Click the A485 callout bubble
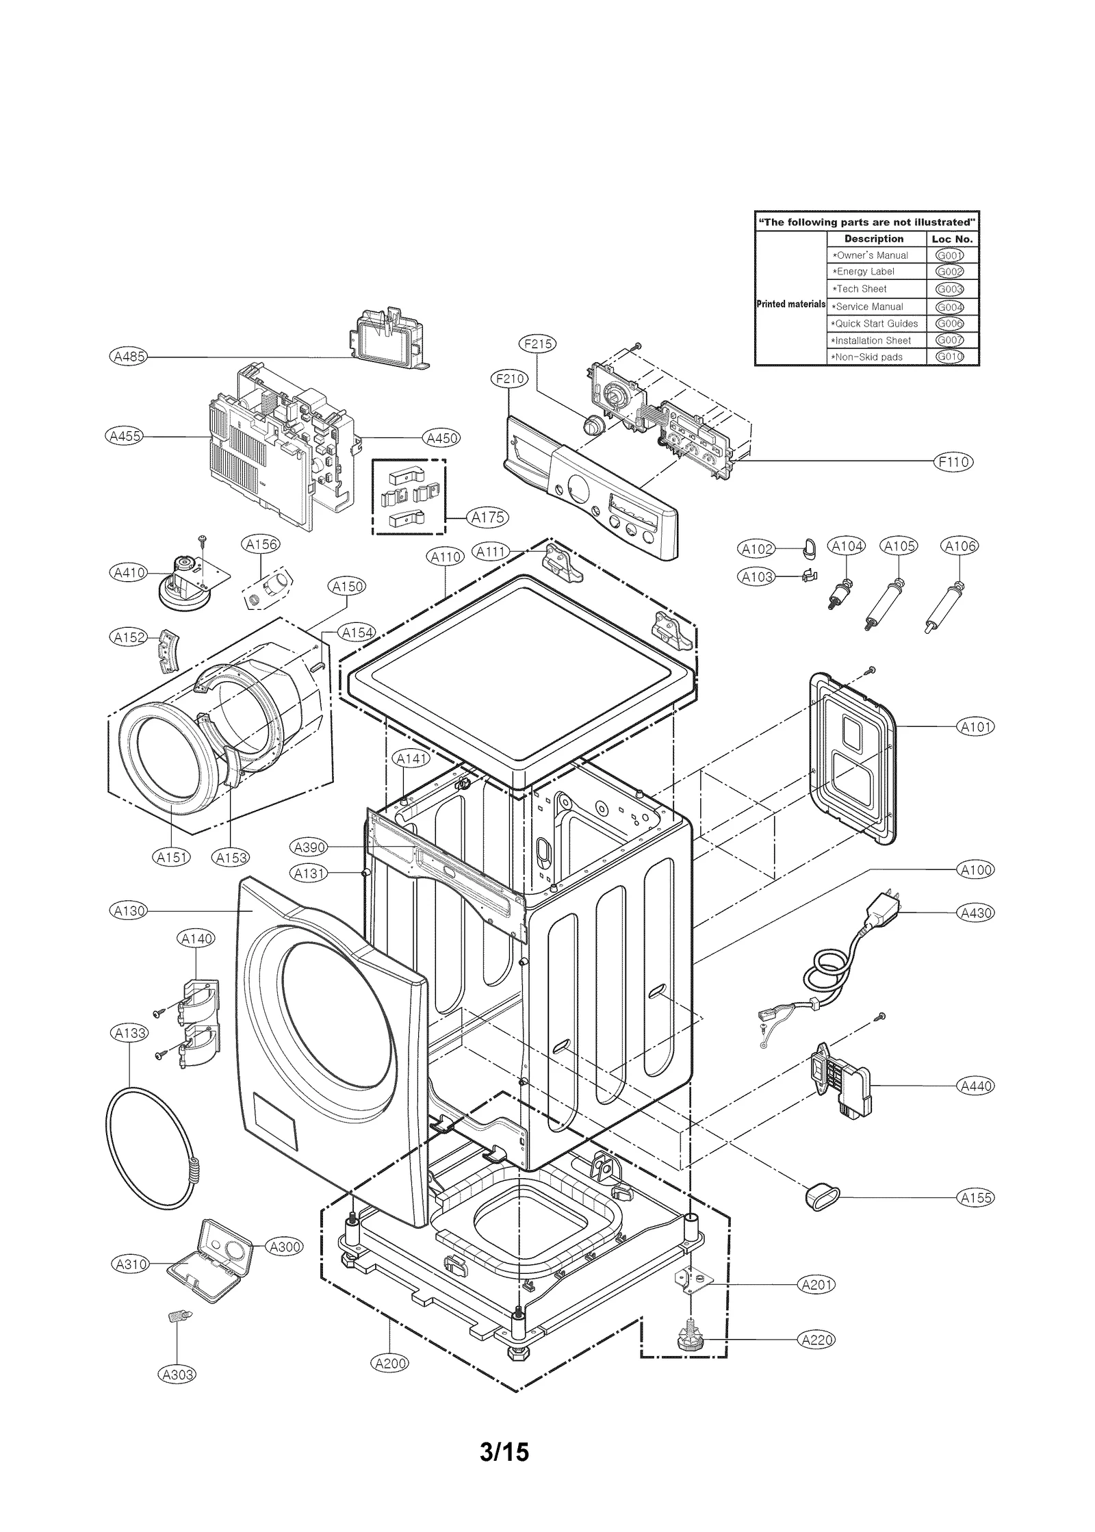click(x=128, y=357)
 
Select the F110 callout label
click(x=953, y=462)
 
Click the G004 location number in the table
click(x=949, y=307)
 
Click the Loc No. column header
click(x=952, y=239)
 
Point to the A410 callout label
click(x=128, y=572)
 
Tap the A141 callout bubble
click(x=411, y=758)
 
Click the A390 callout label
click(x=309, y=847)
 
